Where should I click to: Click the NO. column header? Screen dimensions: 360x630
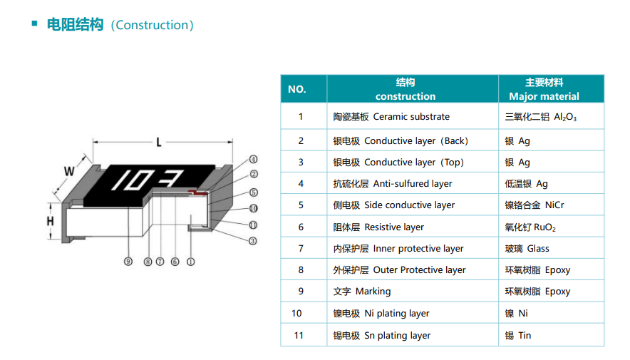click(x=297, y=89)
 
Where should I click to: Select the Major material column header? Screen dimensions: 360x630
click(x=544, y=89)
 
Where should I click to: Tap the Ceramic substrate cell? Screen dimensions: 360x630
click(x=391, y=117)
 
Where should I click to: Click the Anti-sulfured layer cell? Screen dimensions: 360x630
click(x=393, y=184)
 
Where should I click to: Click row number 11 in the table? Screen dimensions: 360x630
click(x=297, y=336)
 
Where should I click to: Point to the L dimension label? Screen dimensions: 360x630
click(x=159, y=143)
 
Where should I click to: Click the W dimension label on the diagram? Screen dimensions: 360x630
click(x=69, y=172)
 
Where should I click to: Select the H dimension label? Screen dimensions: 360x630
click(x=51, y=222)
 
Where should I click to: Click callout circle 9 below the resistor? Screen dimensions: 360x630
click(x=128, y=262)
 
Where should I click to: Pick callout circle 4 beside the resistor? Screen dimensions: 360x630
click(x=253, y=160)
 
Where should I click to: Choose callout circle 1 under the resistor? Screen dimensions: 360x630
click(x=190, y=262)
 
